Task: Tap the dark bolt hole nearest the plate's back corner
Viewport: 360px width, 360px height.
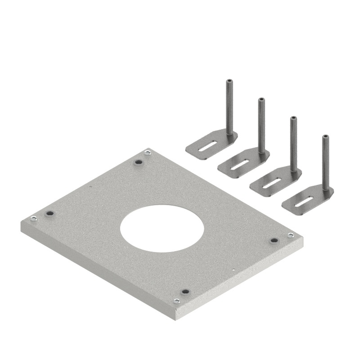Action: point(139,162)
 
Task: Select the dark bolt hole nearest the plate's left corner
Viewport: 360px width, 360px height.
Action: point(49,213)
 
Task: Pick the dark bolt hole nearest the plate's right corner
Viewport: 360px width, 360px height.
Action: point(273,240)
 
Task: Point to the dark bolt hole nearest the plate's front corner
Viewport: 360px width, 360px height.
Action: point(184,292)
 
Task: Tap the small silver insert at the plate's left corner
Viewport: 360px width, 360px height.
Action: point(33,219)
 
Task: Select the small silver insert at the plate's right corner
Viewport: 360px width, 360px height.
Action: point(290,235)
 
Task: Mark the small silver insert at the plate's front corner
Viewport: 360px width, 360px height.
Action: point(177,301)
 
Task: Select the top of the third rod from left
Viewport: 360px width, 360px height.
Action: point(293,118)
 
